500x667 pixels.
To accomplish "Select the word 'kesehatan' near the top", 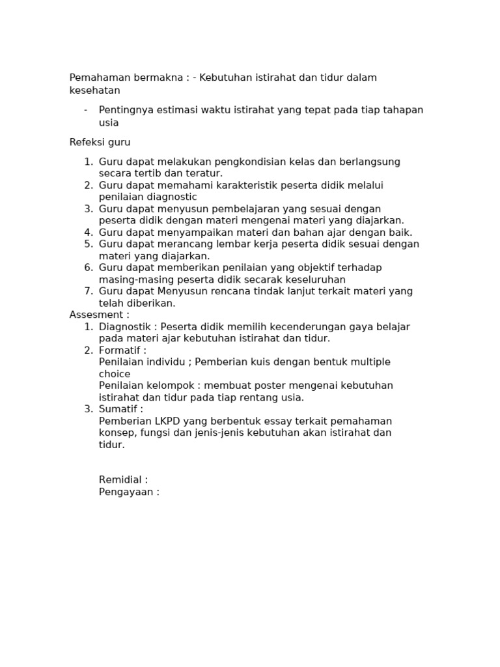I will (x=95, y=91).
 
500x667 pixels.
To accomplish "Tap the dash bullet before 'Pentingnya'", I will (x=85, y=109).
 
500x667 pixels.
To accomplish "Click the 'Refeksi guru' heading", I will (x=100, y=142).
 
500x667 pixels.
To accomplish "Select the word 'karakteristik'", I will (x=247, y=185).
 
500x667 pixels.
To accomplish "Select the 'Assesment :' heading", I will (x=100, y=315).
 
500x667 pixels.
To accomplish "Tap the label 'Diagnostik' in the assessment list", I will (x=126, y=326).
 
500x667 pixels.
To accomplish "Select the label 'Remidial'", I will (x=120, y=480).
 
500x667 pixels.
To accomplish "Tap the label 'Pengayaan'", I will (x=126, y=492).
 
